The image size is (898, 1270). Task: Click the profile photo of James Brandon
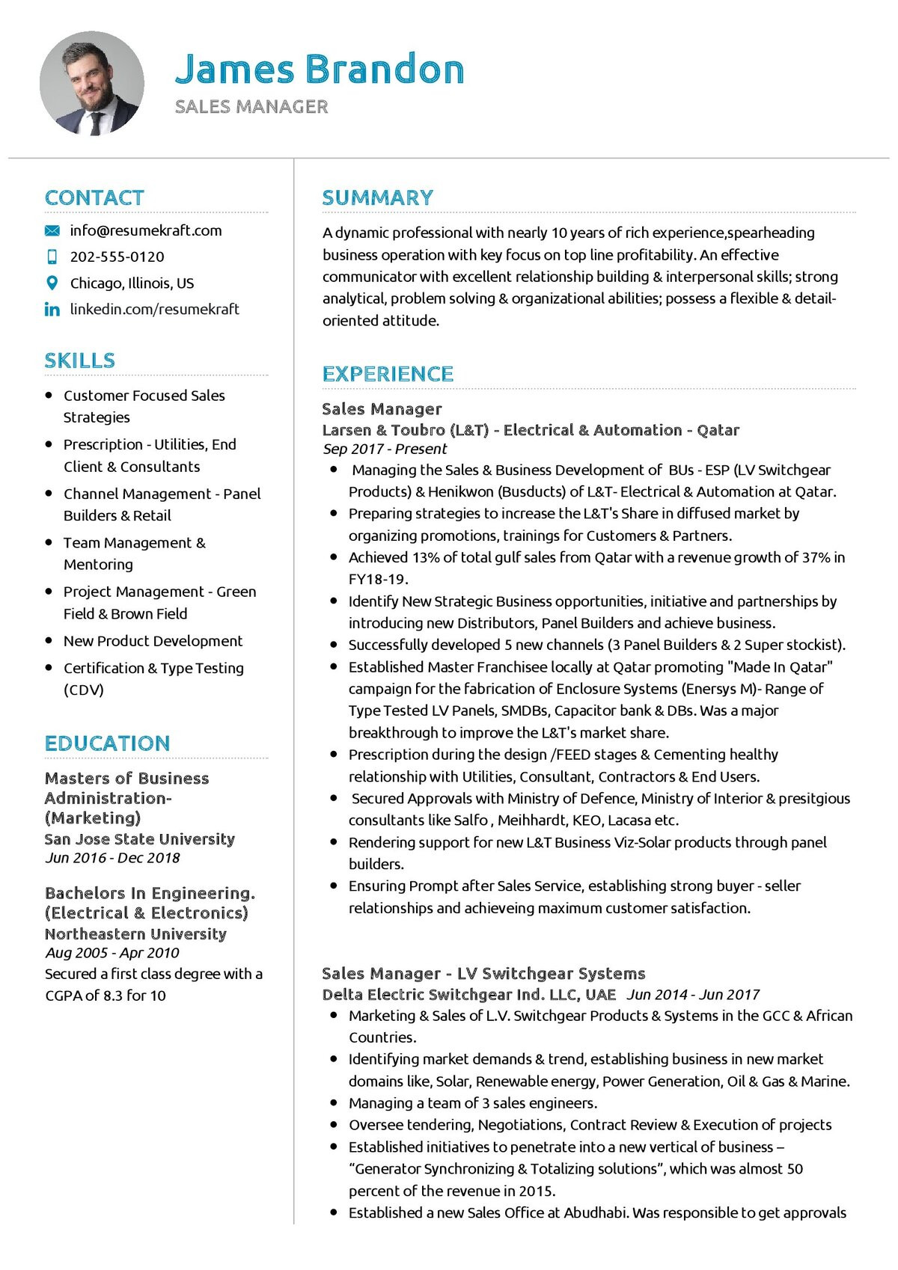click(x=92, y=83)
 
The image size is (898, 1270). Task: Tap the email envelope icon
click(x=52, y=230)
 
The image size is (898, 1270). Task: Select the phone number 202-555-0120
click(x=117, y=257)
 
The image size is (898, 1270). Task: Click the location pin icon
click(x=52, y=283)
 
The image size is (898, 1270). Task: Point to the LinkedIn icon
click(x=52, y=309)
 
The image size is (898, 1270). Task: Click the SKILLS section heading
click(x=79, y=361)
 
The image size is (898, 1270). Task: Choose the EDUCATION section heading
click(x=107, y=743)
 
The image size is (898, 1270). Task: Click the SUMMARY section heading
click(x=377, y=197)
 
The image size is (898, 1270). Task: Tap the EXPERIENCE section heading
click(x=388, y=374)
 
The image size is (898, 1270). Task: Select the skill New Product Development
click(x=153, y=641)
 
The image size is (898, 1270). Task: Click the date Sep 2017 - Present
click(x=385, y=449)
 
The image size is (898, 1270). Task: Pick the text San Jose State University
click(x=139, y=839)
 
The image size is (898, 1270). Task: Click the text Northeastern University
click(x=135, y=934)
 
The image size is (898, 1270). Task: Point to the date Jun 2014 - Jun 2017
click(x=692, y=995)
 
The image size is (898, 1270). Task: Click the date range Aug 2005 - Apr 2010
click(x=112, y=953)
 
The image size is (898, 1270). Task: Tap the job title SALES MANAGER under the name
click(x=251, y=107)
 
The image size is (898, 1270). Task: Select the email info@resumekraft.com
click(x=146, y=230)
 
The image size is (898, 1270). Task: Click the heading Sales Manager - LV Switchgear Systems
click(x=483, y=973)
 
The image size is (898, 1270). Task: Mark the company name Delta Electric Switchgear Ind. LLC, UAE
click(x=469, y=995)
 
